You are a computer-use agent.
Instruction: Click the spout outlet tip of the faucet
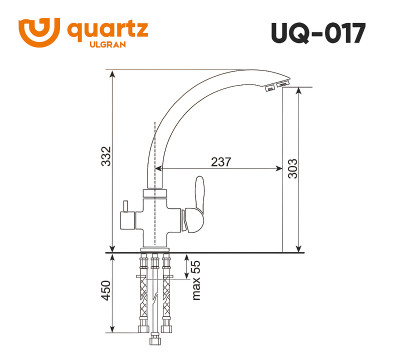[273, 91]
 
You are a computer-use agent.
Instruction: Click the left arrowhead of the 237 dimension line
[159, 171]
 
